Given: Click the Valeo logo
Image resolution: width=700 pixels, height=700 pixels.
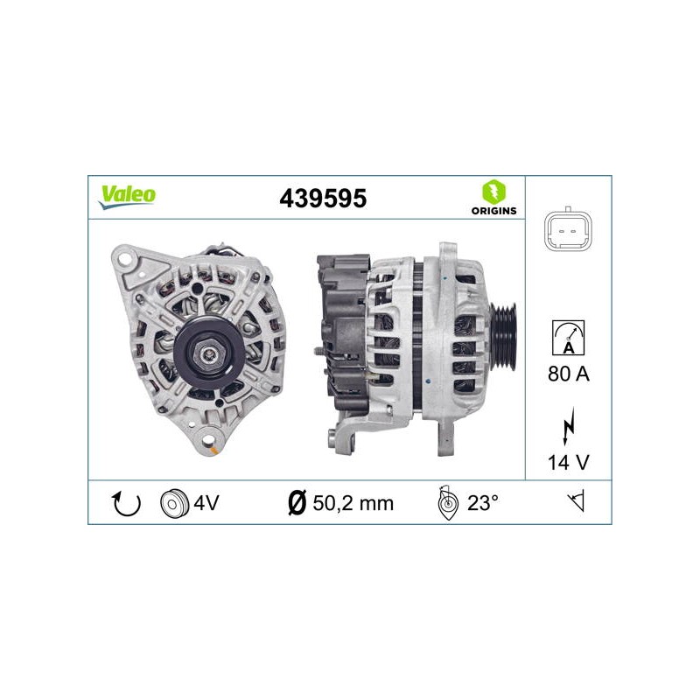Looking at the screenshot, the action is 127,196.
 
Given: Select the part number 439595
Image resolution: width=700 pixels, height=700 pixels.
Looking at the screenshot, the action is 323,199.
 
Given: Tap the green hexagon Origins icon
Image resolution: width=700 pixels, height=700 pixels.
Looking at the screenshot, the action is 493,192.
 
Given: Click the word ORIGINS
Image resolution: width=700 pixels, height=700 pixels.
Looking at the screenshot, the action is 493,211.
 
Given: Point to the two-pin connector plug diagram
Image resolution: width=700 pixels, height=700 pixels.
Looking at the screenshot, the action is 568,231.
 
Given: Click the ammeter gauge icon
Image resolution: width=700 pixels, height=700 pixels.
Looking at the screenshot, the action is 568,338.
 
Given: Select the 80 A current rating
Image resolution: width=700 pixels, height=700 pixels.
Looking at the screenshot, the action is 568,374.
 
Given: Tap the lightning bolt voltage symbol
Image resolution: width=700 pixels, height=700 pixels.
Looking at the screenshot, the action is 568,425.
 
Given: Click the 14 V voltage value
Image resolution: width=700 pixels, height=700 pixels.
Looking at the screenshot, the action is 568,462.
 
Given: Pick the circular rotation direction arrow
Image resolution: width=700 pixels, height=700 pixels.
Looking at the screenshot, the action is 126,503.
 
